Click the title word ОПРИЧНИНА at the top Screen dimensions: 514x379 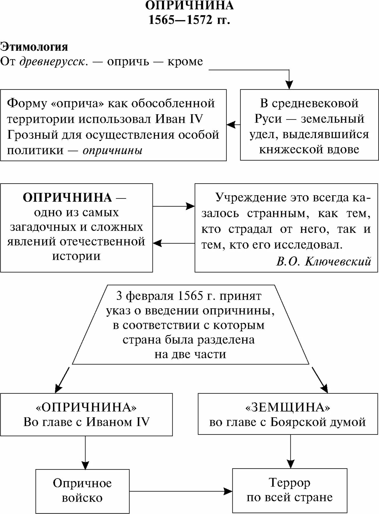[189, 6]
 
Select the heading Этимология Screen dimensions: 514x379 [34, 47]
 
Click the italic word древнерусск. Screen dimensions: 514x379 [54, 61]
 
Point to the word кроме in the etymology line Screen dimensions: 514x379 [185, 61]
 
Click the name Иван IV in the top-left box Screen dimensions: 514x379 [179, 119]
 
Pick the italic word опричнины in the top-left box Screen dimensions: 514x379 [113, 150]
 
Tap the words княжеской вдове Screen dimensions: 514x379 [309, 149]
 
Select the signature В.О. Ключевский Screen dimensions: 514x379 [323, 261]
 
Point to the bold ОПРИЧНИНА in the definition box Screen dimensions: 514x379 [67, 198]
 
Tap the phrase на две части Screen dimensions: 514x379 [190, 354]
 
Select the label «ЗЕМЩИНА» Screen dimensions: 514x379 [288, 407]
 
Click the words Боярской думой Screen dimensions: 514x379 [318, 422]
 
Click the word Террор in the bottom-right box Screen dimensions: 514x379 [289, 483]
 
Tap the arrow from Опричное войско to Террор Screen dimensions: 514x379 [181, 491]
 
